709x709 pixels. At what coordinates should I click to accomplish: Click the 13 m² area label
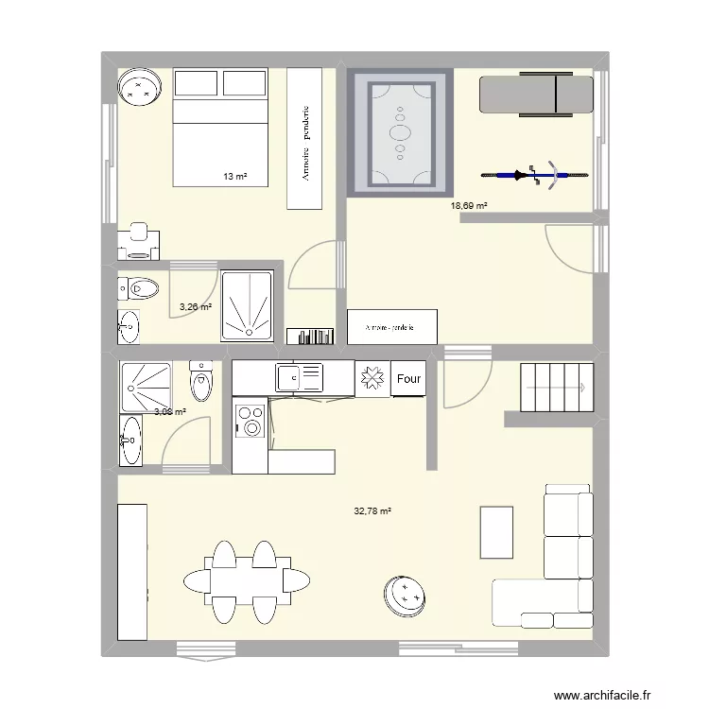[x=234, y=177]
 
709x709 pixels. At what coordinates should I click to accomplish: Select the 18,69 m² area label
[x=469, y=205]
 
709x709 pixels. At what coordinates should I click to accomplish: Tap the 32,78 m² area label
[x=372, y=511]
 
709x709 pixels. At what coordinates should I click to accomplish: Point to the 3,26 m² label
[x=196, y=306]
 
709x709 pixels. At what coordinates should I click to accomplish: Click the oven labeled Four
[x=408, y=379]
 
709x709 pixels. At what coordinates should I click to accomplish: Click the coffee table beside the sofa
[x=497, y=532]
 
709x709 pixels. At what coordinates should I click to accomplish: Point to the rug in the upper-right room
[x=401, y=132]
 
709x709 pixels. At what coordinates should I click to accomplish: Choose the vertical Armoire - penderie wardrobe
[x=304, y=139]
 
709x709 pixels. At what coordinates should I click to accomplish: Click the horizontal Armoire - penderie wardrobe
[x=392, y=327]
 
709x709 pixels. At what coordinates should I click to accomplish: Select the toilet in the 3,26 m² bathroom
[x=141, y=287]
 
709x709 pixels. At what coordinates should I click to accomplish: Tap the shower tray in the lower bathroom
[x=147, y=386]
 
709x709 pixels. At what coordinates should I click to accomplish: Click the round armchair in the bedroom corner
[x=141, y=90]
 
